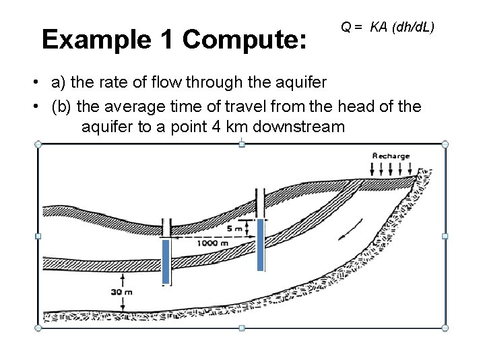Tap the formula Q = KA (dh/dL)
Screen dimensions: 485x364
click(x=387, y=28)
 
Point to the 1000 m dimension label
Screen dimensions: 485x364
click(x=212, y=243)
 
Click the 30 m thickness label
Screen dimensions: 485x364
click(x=122, y=292)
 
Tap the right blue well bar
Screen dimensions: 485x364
click(x=261, y=245)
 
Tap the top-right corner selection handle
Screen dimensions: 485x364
click(x=445, y=144)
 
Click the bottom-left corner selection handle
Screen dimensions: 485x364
click(x=38, y=328)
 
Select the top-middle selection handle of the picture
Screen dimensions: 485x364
click(x=242, y=144)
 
